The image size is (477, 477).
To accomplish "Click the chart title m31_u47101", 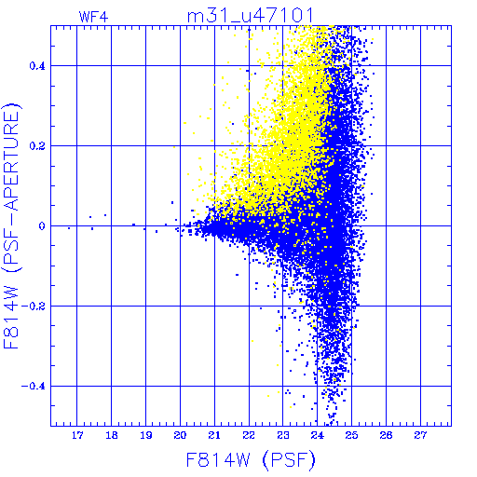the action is point(250,16).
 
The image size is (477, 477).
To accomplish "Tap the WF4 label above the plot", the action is point(93,17).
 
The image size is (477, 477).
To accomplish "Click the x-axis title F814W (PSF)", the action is point(251,460).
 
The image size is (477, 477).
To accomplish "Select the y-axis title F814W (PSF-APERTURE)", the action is point(12,225).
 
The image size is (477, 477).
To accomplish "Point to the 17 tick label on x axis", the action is point(77,435).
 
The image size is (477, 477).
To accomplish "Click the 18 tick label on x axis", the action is point(112,435).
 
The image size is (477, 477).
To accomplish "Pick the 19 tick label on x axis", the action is point(146,435).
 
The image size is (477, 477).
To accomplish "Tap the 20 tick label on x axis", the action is point(180,435).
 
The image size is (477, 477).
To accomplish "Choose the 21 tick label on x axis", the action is point(214,435).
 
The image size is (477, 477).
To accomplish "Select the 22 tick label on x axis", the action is point(249,435).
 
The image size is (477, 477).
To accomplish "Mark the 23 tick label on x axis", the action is point(283,435).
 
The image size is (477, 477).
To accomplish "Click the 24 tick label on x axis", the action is point(318,435).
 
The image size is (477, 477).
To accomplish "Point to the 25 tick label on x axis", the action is point(351,435).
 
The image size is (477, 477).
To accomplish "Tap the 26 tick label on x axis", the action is point(386,435).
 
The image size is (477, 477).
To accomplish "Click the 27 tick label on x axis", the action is point(420,435).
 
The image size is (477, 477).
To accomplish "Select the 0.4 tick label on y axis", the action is point(37,66).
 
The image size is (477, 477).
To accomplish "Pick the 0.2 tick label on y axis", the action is point(37,146).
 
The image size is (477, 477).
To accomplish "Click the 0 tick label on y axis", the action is point(42,226).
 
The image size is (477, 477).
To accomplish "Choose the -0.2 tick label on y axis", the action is point(34,307).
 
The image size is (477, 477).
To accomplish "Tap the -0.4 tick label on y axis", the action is point(34,387).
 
